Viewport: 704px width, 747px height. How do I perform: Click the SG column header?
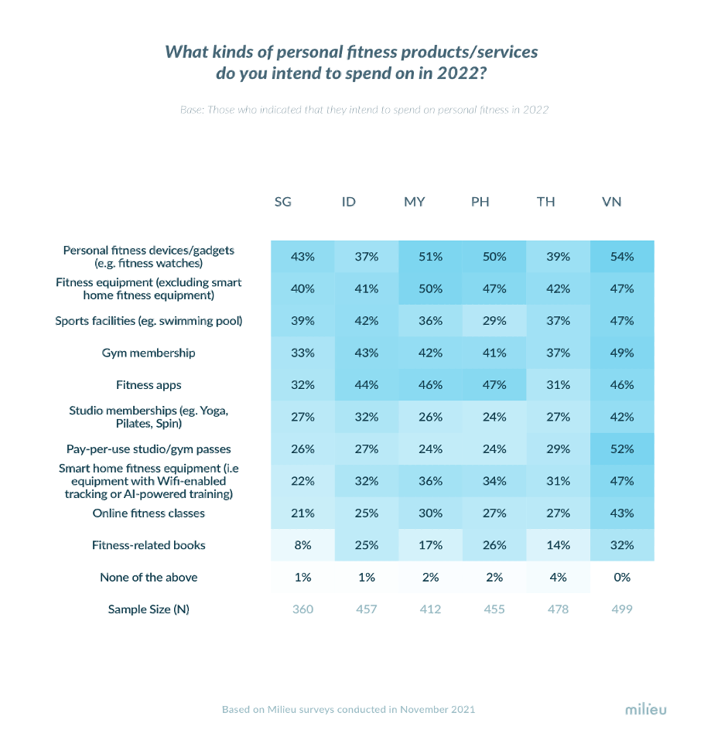tap(282, 202)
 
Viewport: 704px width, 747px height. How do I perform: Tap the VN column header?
tap(611, 202)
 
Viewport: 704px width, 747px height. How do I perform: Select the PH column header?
tap(480, 202)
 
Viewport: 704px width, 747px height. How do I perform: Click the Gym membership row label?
tap(149, 353)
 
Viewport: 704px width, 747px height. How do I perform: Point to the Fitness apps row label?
tap(149, 385)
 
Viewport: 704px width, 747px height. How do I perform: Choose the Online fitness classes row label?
tap(149, 513)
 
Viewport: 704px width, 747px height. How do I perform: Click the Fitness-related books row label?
tap(149, 545)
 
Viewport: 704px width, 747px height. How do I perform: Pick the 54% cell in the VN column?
tap(622, 257)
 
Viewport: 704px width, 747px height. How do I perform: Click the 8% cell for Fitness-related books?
tap(302, 545)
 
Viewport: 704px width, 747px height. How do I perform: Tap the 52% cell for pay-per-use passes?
tap(622, 449)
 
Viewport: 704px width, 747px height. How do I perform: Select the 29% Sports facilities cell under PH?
tap(494, 321)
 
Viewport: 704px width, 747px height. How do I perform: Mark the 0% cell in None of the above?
tap(622, 578)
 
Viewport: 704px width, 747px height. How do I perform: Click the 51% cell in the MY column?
tap(430, 257)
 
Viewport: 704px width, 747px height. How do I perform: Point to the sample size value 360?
tap(302, 609)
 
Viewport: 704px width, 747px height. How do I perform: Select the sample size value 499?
tap(622, 609)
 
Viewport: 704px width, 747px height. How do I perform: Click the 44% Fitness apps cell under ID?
tap(367, 385)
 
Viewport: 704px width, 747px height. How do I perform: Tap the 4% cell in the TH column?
tap(558, 578)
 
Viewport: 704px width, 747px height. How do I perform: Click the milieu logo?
tap(646, 709)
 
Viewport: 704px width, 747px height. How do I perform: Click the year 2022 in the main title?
tap(461, 73)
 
